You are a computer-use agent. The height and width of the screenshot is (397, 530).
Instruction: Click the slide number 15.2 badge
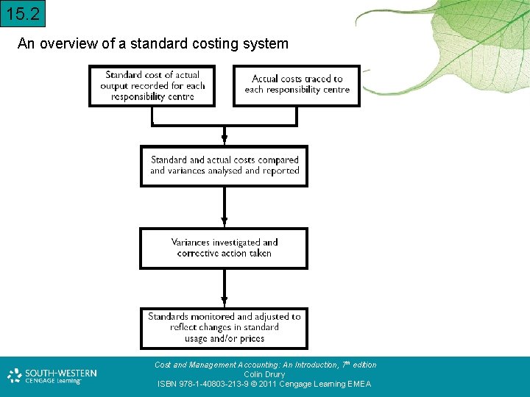pos(23,13)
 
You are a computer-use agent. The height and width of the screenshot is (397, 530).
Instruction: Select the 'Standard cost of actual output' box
pos(152,86)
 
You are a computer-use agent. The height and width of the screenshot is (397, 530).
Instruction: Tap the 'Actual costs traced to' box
pos(297,85)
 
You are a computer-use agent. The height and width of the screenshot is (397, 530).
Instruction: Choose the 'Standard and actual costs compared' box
pos(224,165)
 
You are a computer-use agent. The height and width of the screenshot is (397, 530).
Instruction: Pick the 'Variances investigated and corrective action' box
pos(224,248)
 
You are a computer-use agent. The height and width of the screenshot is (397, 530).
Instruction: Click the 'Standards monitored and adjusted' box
pos(224,328)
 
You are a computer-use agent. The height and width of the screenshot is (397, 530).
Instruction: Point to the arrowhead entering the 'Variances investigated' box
pos(225,222)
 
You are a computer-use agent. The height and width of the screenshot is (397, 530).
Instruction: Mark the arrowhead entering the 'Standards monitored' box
pos(225,302)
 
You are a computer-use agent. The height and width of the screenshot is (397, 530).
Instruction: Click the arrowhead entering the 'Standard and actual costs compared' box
pos(225,140)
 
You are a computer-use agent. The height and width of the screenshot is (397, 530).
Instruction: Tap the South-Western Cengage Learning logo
pos(52,376)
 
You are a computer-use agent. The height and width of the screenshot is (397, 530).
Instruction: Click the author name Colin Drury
pos(265,374)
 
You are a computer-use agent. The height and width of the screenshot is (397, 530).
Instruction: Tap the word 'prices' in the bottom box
pos(251,338)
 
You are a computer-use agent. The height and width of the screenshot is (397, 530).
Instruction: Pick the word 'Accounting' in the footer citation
pos(255,365)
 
